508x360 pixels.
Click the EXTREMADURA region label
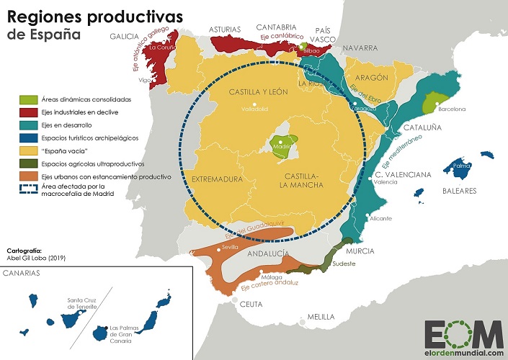coord(215,176)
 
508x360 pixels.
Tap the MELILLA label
coord(321,317)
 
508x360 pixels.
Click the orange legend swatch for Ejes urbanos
coord(28,176)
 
